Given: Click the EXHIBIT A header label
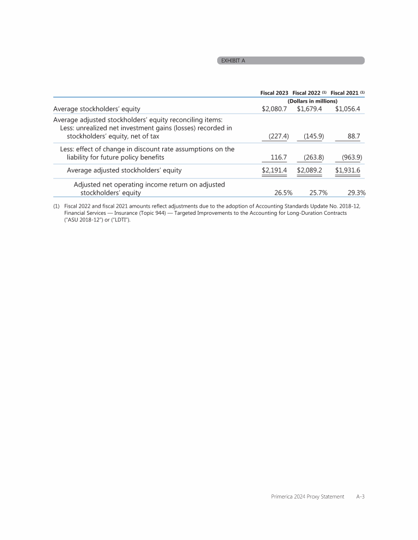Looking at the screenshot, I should (232, 60).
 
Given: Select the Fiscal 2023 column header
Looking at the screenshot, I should (274, 92).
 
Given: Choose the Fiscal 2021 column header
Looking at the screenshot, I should (347, 92).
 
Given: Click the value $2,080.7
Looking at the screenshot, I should (274, 109).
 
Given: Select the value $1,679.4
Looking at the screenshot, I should (310, 109).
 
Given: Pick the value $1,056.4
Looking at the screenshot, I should (348, 109).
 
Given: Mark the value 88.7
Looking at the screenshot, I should (355, 136).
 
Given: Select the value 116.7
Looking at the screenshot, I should (279, 158).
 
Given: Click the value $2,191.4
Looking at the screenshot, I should (274, 171).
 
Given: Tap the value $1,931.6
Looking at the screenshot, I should (348, 171).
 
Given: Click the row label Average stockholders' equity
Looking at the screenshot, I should (96, 109).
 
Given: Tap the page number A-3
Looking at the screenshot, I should (360, 496).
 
